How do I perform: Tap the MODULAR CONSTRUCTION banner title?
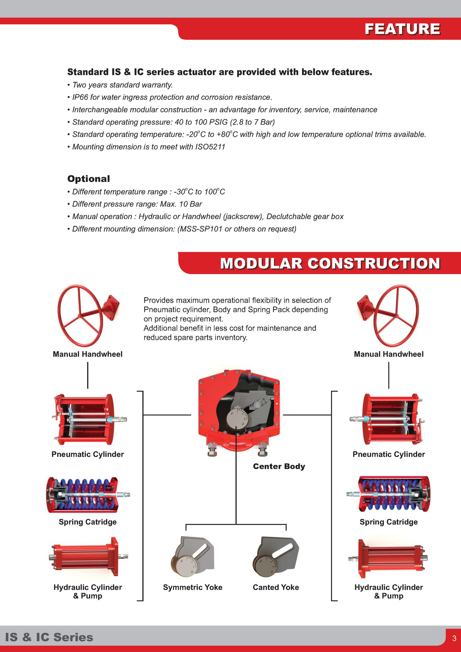point(330,263)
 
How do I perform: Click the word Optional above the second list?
point(89,179)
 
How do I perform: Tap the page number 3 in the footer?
point(454,638)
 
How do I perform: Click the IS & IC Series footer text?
point(49,637)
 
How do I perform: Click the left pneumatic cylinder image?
point(88,419)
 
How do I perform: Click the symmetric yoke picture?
point(193,557)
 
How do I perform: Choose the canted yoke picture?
point(276,557)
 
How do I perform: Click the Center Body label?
point(279,466)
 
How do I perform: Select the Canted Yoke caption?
point(276,587)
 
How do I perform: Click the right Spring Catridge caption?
point(388,522)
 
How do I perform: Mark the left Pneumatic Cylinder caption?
point(88,454)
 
